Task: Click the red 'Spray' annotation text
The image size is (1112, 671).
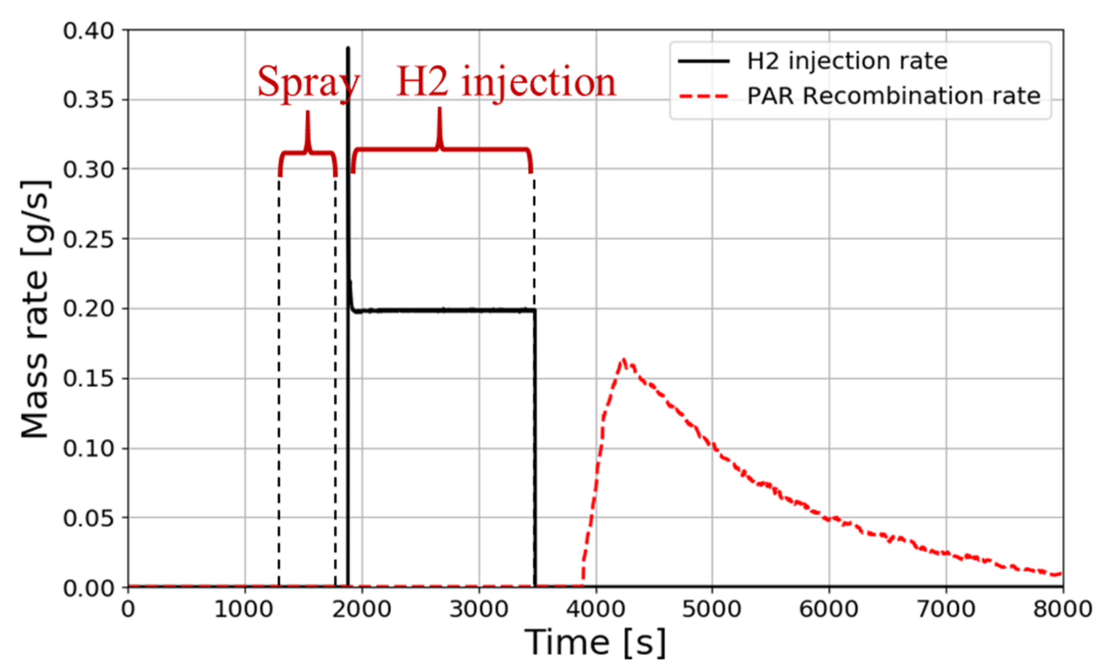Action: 308,82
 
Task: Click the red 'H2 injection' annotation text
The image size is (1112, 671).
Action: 506,82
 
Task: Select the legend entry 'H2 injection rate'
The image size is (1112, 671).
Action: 847,61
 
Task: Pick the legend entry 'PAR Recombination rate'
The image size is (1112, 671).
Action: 893,96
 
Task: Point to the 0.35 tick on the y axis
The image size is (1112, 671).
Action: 88,100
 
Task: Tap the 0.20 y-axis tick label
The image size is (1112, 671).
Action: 88,309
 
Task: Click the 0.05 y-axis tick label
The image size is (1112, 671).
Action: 88,518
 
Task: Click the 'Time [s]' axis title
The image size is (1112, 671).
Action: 595,643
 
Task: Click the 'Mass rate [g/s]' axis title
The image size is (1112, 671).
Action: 35,309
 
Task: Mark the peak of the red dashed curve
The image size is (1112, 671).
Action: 623,360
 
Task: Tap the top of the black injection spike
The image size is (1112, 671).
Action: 348,48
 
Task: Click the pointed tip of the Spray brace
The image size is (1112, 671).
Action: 308,113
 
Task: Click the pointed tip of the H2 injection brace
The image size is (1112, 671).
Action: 440,109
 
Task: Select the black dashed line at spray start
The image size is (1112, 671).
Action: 279,384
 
